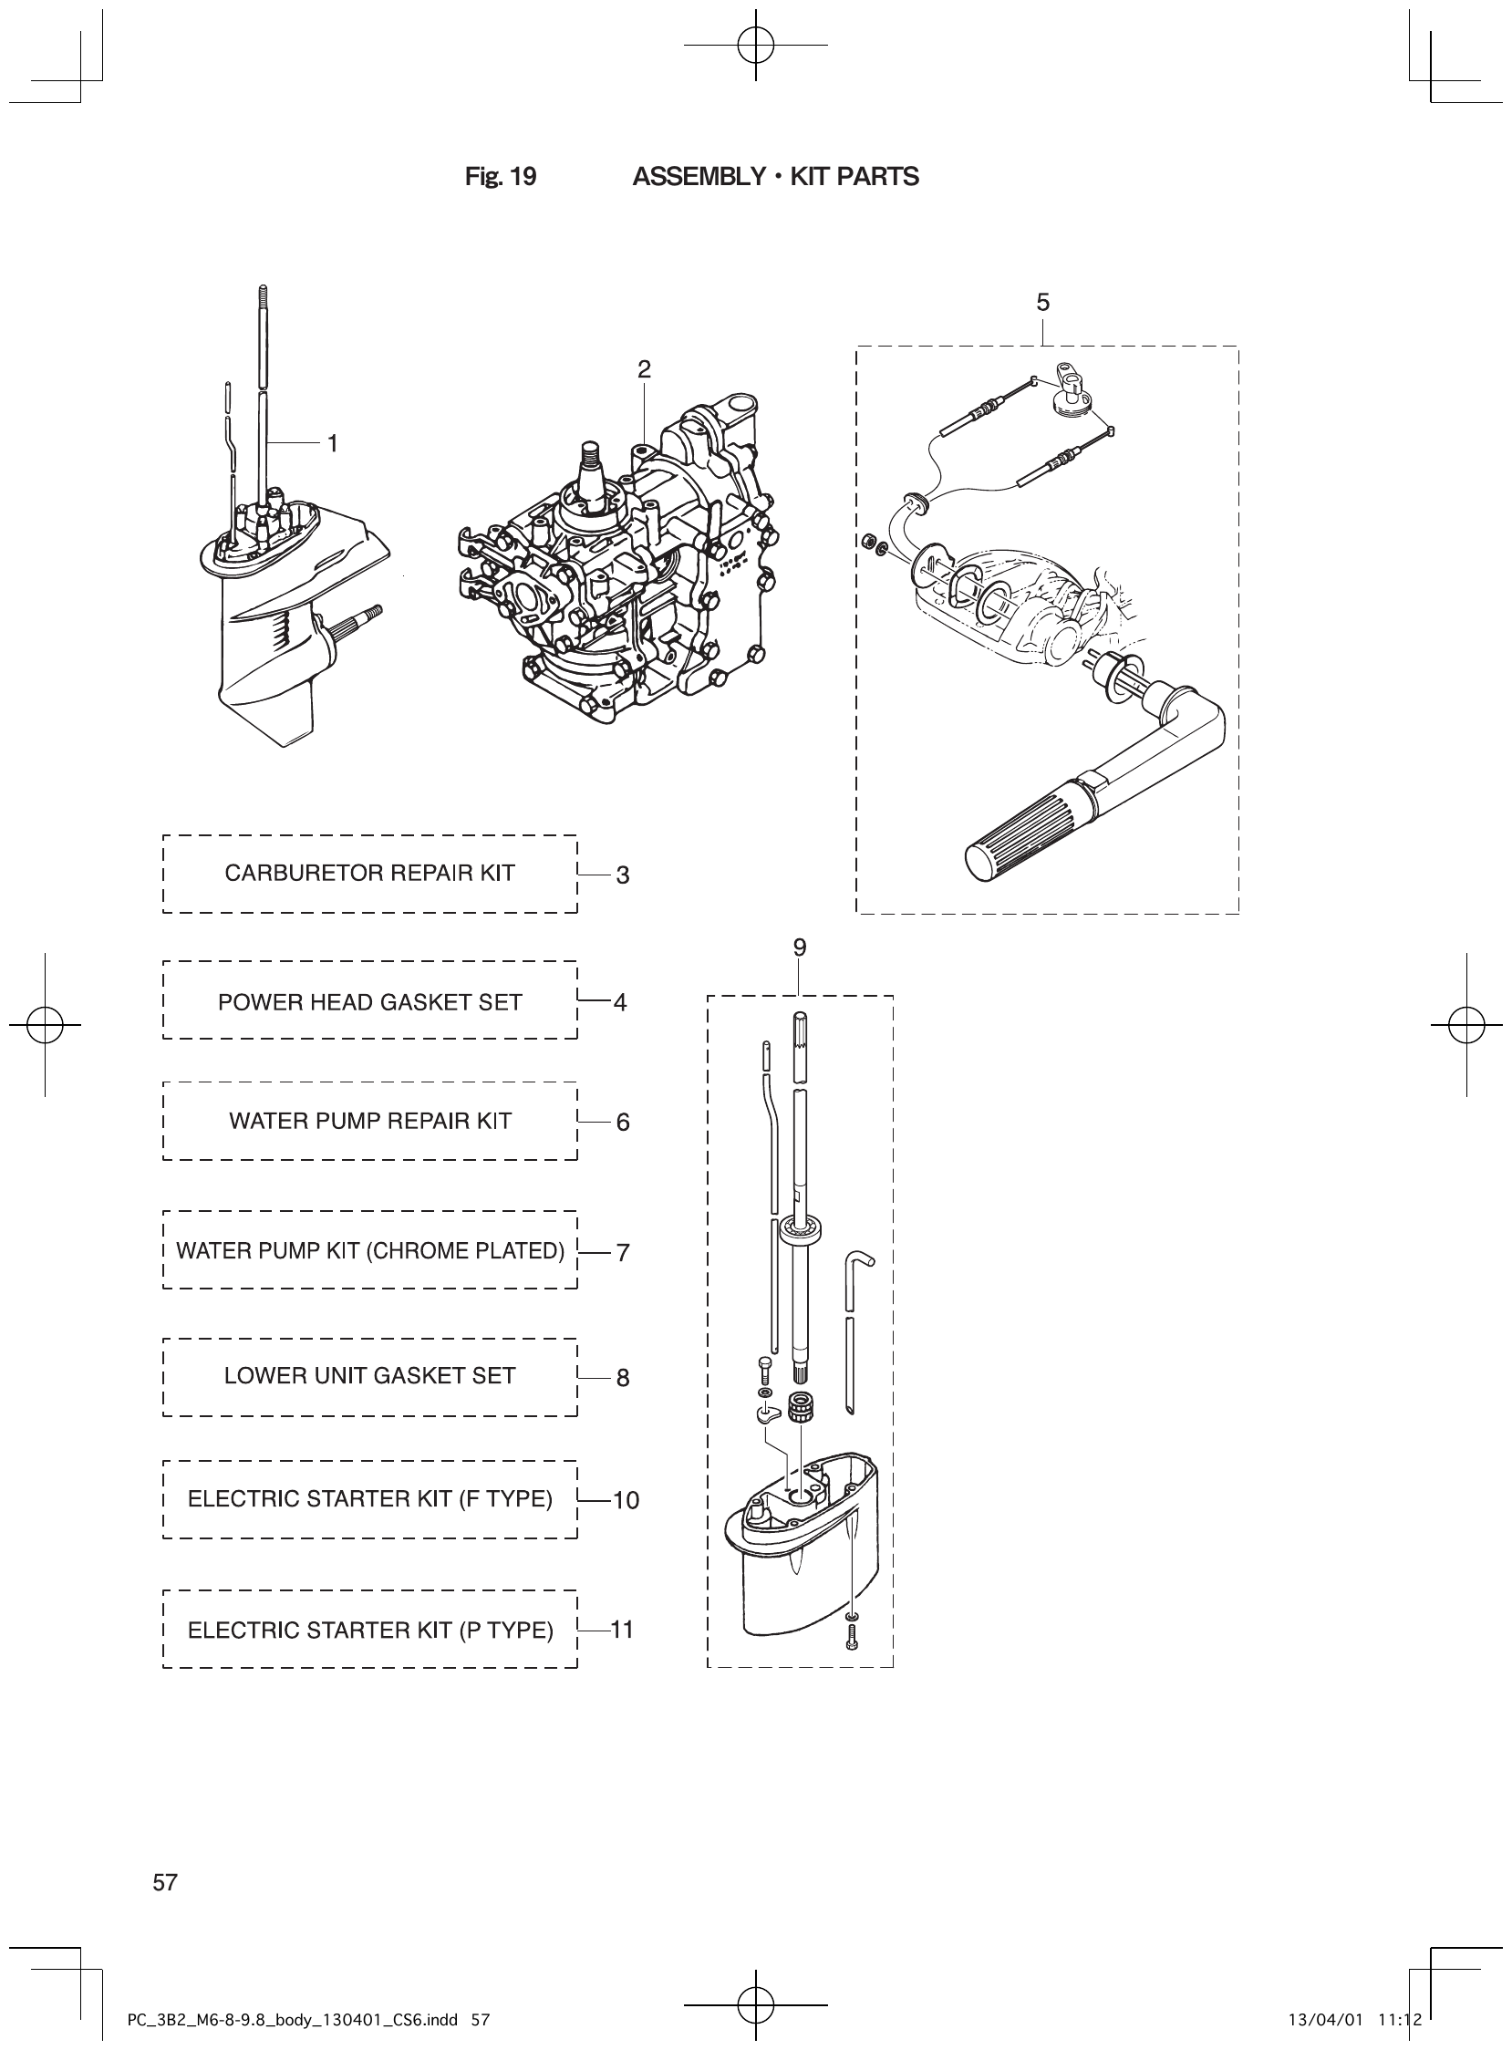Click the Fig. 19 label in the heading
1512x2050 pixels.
(x=501, y=177)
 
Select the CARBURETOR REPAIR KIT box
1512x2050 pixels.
(x=369, y=873)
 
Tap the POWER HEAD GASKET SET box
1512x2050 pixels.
(x=369, y=1002)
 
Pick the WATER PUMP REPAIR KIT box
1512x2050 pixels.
(x=369, y=1121)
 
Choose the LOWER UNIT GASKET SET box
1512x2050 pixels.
(x=369, y=1375)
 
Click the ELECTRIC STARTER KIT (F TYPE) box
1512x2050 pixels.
(x=369, y=1499)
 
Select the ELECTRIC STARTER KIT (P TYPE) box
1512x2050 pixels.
(x=369, y=1630)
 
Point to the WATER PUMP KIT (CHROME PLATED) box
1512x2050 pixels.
(x=369, y=1250)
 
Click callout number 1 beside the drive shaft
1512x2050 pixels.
(x=333, y=444)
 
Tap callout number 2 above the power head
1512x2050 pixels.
(x=645, y=368)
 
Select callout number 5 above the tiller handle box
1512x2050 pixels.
(x=1042, y=303)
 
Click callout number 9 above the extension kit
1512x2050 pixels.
(x=800, y=948)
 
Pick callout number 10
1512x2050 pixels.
(x=626, y=1500)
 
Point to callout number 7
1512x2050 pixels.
(x=623, y=1252)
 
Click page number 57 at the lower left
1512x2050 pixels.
(x=166, y=1882)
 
